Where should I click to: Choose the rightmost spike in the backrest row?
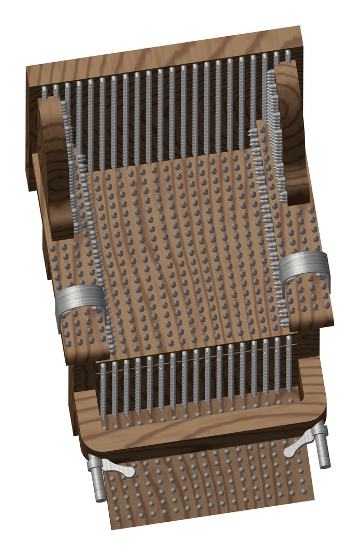(x=289, y=58)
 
